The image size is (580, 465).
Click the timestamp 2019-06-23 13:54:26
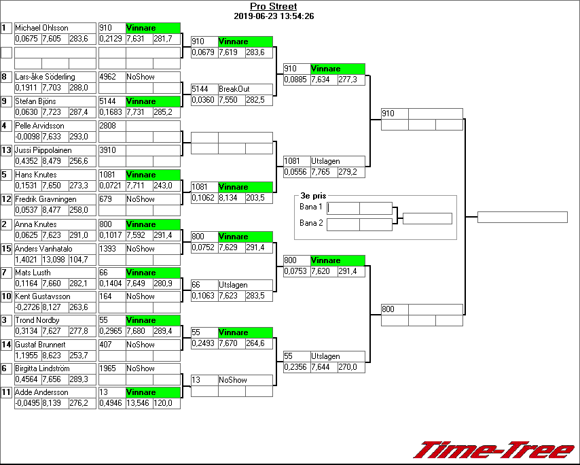tap(273, 16)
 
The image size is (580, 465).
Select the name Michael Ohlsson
tap(41, 28)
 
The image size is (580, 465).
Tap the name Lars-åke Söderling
tap(45, 77)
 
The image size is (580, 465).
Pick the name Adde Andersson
tap(41, 392)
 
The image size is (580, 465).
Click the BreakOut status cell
tap(234, 89)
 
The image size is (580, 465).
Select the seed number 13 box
tap(7, 150)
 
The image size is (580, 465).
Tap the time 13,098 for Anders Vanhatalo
tap(54, 260)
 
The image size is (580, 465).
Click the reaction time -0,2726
tap(28, 307)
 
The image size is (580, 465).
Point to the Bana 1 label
tap(310, 206)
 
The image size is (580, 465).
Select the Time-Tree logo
tap(494, 450)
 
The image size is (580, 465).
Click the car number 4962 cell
tap(111, 77)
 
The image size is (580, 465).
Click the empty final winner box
tap(522, 218)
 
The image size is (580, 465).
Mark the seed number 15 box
tap(7, 249)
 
